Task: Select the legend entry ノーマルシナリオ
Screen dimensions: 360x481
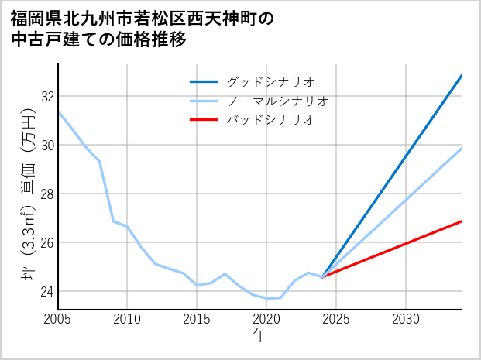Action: pos(278,101)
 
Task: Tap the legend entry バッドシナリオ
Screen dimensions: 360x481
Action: pos(271,120)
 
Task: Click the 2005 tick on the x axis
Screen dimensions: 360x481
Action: pos(58,319)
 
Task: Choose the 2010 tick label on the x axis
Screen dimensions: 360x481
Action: pos(127,319)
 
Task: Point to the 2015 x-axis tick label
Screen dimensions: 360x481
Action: pos(197,319)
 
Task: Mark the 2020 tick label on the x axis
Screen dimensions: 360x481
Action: pos(266,319)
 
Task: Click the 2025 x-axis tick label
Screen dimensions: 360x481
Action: pos(336,319)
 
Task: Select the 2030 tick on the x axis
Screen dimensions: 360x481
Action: pos(406,319)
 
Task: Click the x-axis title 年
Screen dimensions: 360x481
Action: pos(259,335)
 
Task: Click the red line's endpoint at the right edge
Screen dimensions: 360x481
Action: pos(462,221)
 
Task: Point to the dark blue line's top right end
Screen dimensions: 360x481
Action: pos(462,76)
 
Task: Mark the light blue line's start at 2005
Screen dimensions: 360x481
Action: pos(58,111)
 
